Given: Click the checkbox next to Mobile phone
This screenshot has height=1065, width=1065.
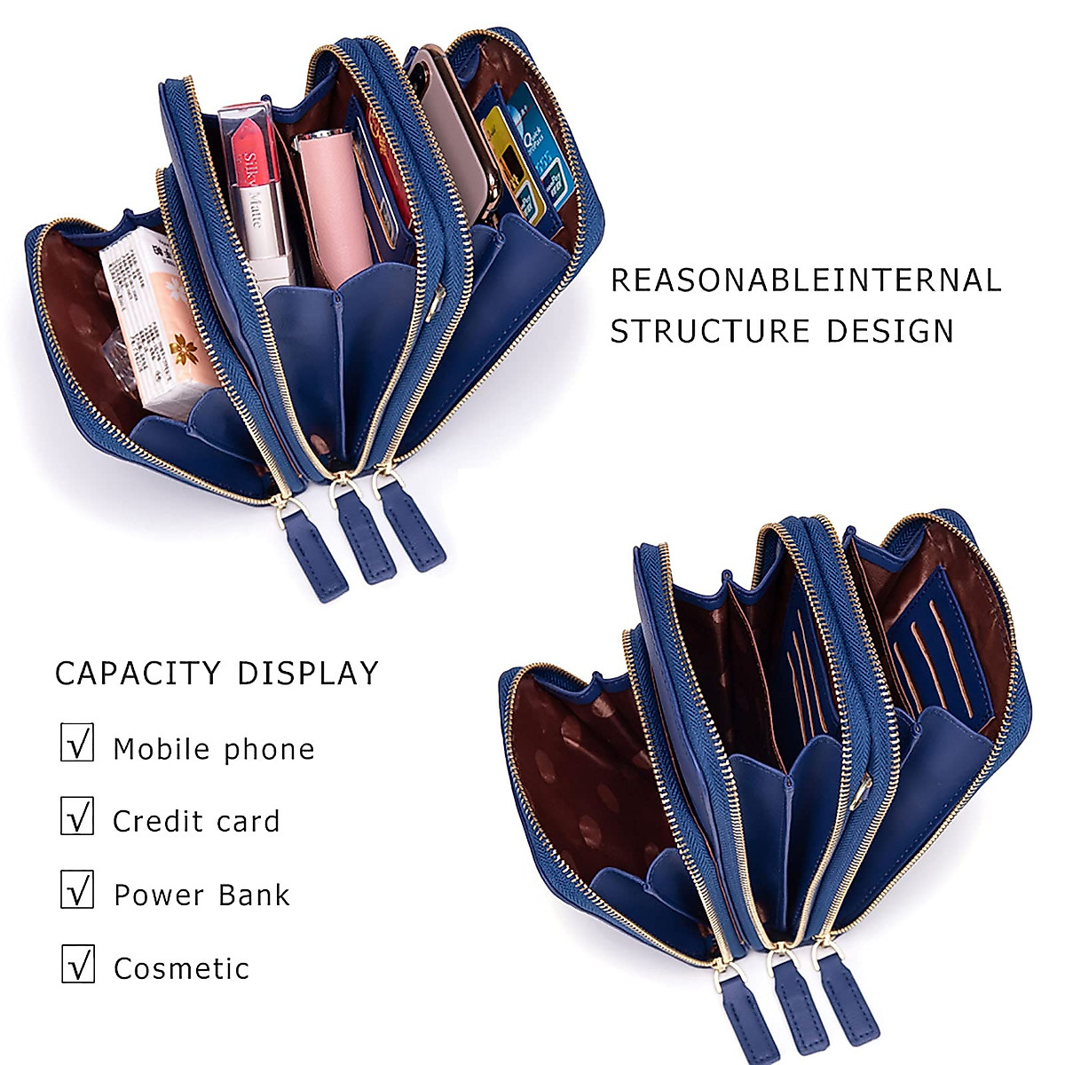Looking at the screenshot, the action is [77, 742].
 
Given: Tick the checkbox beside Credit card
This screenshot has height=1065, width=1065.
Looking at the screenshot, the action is [77, 816].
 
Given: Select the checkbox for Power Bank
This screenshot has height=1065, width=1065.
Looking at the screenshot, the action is [77, 889].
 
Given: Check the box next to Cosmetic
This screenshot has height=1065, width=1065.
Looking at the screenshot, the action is [77, 963].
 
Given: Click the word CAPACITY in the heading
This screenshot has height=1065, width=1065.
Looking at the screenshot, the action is [138, 674].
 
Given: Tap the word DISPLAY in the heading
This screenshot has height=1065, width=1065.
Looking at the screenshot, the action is [308, 674].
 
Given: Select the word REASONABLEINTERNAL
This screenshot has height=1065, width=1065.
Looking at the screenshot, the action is [806, 280].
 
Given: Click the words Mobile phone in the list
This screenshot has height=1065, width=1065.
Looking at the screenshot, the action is [214, 749].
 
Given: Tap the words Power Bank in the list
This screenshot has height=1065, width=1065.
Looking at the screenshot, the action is [201, 895].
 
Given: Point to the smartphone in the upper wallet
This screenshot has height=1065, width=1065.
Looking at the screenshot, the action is [457, 115].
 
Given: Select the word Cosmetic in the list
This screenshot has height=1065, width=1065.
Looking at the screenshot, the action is [181, 968].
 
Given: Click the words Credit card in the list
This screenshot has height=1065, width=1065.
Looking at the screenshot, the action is [196, 822].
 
